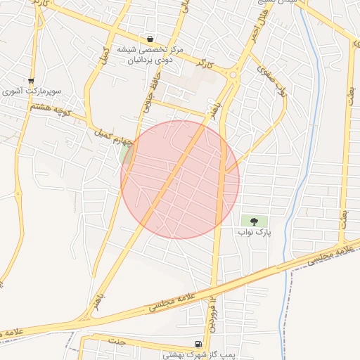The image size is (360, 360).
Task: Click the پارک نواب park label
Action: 254,231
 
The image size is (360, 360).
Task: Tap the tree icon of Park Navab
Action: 254,221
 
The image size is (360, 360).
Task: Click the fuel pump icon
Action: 198,344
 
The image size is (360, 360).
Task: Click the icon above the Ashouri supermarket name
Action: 30,80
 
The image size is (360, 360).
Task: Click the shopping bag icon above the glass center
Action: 150,39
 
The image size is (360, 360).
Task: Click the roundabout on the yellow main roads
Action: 233,74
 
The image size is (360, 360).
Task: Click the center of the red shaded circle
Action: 180,179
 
